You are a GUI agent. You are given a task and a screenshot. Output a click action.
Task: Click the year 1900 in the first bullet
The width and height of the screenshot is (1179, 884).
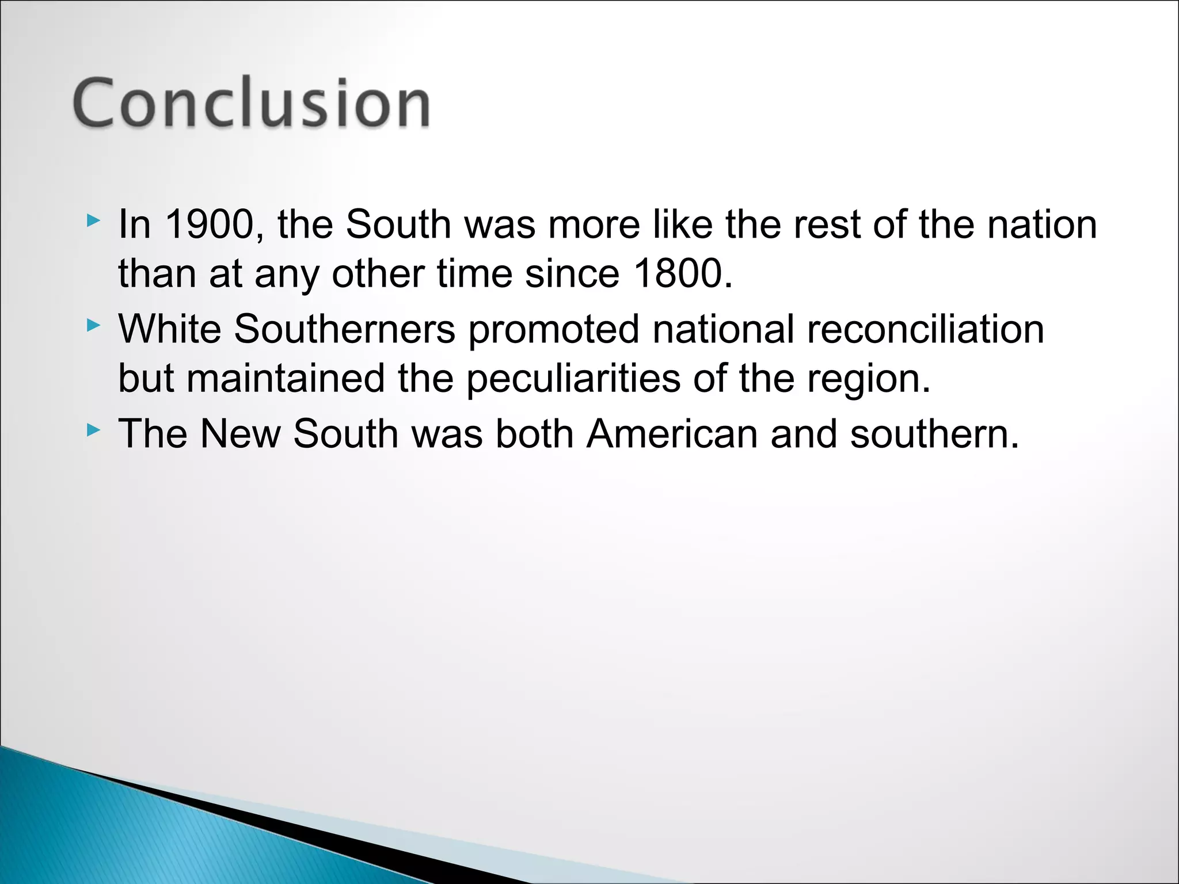tap(210, 224)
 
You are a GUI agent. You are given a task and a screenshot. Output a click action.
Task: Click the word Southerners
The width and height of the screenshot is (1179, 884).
tap(345, 329)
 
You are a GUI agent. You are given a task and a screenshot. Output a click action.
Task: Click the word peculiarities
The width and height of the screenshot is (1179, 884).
tap(573, 380)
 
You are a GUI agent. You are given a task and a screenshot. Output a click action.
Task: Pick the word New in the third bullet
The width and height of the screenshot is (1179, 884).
tap(240, 434)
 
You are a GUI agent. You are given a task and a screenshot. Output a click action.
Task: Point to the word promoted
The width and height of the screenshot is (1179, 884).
tap(553, 329)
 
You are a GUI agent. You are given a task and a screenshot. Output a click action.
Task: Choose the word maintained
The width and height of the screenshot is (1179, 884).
tap(285, 380)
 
